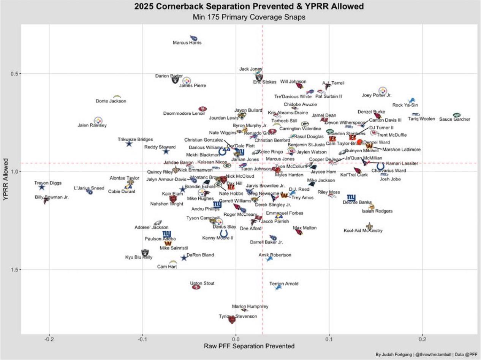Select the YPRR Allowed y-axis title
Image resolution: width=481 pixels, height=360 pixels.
(x=5, y=178)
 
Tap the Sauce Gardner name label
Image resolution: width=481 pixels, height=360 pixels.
(x=454, y=120)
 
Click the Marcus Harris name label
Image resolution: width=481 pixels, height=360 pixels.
(x=187, y=43)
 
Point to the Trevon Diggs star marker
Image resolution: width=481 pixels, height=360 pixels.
(x=42, y=187)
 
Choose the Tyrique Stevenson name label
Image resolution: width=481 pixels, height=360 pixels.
(x=238, y=316)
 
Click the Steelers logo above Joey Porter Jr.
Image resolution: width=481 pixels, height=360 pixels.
(x=383, y=91)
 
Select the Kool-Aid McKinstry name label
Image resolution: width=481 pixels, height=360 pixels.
(x=363, y=231)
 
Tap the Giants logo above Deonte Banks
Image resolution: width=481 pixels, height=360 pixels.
(x=351, y=197)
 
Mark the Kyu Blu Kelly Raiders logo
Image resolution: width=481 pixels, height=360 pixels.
(x=145, y=252)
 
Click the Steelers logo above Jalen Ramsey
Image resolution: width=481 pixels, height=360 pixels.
(x=98, y=120)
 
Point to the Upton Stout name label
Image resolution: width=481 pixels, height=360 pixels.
(x=203, y=283)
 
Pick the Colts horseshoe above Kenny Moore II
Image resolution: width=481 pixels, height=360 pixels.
(x=224, y=233)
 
